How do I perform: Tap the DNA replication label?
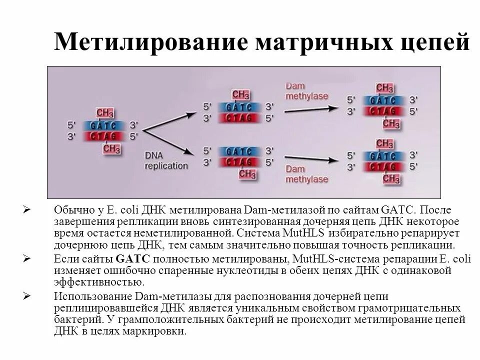(166, 160)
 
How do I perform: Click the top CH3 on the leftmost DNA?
(104, 112)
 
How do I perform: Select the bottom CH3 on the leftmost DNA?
(112, 148)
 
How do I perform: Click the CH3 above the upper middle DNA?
(241, 94)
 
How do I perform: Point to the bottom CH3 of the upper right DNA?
(391, 123)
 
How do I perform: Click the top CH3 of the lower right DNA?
(384, 144)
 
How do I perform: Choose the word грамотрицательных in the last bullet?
(418, 307)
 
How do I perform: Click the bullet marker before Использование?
(28, 296)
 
